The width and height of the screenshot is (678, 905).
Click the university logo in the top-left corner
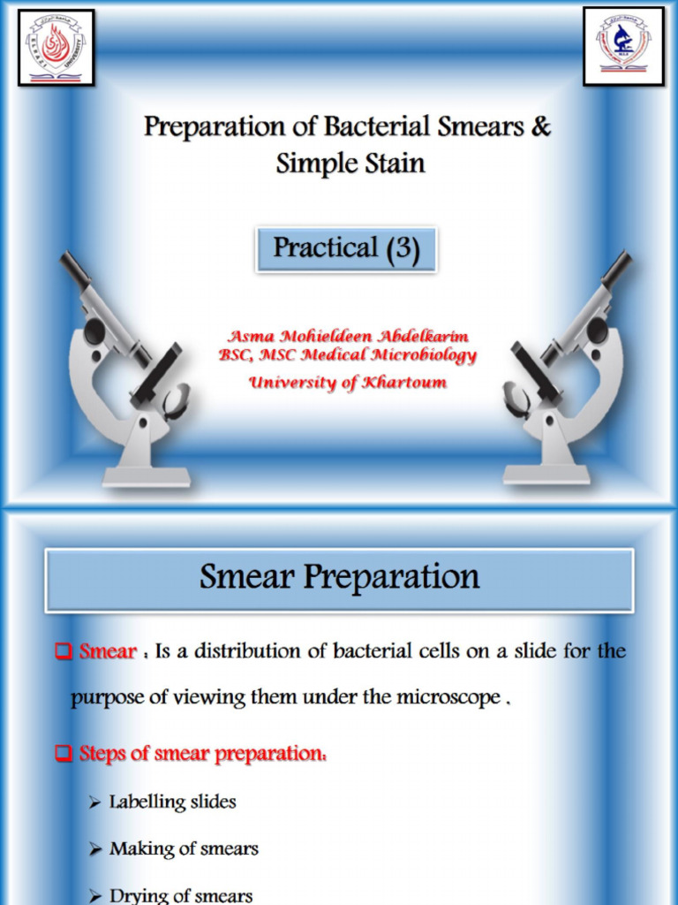tap(56, 47)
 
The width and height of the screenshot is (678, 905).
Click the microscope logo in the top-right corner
tap(623, 46)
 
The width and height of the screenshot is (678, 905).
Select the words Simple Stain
tap(350, 164)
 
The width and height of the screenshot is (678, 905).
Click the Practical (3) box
tap(345, 248)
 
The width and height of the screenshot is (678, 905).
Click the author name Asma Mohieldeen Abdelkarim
tap(348, 337)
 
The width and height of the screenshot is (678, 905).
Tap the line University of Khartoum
tap(347, 383)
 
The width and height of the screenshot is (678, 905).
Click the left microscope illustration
tap(128, 371)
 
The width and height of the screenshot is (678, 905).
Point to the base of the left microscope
tap(146, 476)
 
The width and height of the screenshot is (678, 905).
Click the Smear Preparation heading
tap(339, 578)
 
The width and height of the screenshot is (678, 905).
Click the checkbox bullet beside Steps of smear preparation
tap(63, 754)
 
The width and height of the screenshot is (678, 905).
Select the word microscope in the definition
tap(451, 697)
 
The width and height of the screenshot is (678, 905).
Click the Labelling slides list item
tap(172, 802)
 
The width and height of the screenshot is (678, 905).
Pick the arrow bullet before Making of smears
tap(95, 849)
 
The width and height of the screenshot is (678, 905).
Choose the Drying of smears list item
tap(181, 894)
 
